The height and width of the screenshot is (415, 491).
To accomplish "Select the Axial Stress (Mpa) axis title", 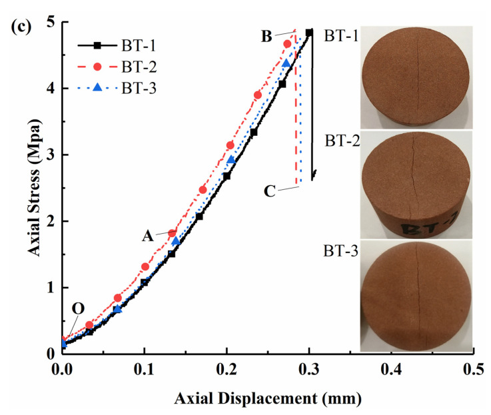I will click(x=21, y=189).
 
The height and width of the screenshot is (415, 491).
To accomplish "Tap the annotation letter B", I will click(x=266, y=38).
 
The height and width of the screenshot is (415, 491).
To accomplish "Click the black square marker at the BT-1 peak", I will click(x=309, y=32).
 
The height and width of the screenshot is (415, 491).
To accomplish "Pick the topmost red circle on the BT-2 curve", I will click(x=287, y=44).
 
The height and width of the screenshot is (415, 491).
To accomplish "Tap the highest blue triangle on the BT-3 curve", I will click(x=286, y=63).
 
